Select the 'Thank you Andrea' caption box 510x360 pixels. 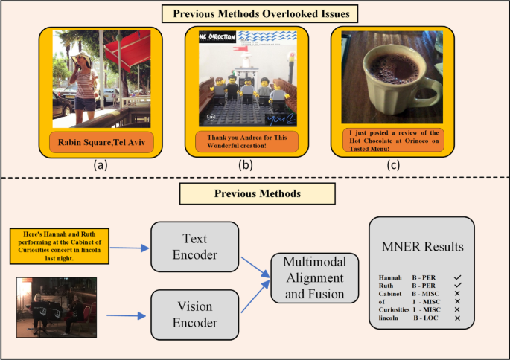pyautogui.click(x=247, y=141)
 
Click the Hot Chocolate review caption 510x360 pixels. pyautogui.click(x=394, y=140)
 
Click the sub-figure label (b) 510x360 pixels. pyautogui.click(x=247, y=167)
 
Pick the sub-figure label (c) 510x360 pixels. pyautogui.click(x=394, y=167)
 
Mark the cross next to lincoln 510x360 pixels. pyautogui.click(x=457, y=318)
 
